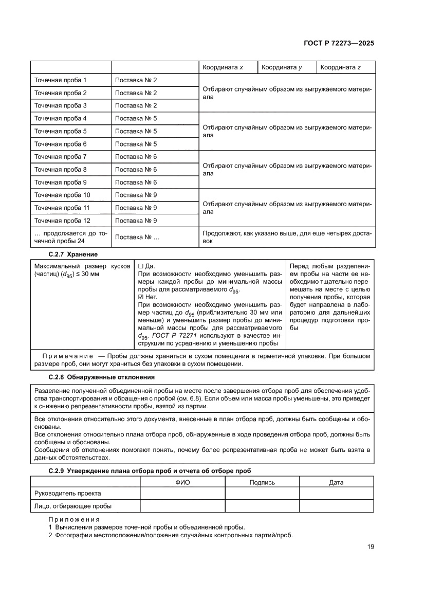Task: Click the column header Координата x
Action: [x=223, y=67]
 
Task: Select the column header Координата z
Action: [x=340, y=67]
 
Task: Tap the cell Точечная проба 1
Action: [x=60, y=80]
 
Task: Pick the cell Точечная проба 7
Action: [x=60, y=157]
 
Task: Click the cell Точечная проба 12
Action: [x=62, y=221]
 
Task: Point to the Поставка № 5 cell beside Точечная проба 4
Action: [x=136, y=118]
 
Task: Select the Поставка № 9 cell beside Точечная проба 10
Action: [x=136, y=195]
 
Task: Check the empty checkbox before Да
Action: [x=141, y=266]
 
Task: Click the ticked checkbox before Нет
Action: [x=141, y=297]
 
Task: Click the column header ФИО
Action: [x=182, y=482]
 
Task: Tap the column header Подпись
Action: [x=262, y=482]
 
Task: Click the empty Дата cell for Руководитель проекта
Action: [x=336, y=494]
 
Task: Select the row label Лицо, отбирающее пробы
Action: [x=73, y=506]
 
